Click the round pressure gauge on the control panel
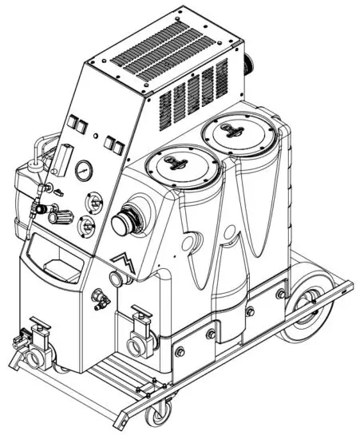[x=83, y=170]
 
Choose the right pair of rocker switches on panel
[x=113, y=144]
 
